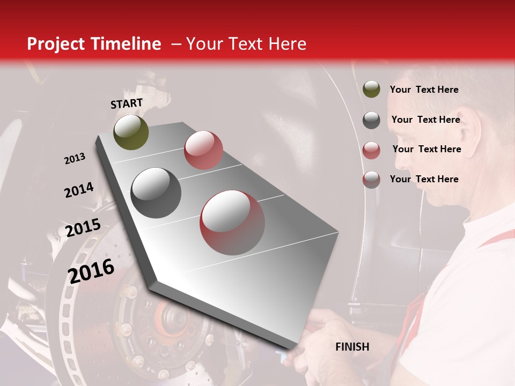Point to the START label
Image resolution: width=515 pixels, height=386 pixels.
click(x=127, y=103)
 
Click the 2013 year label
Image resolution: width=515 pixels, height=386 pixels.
click(x=75, y=159)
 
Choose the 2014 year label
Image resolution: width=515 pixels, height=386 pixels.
click(x=79, y=190)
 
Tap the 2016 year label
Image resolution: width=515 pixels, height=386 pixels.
click(x=91, y=270)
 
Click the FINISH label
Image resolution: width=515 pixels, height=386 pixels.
click(x=352, y=347)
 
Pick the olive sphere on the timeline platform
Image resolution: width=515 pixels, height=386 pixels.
click(x=131, y=132)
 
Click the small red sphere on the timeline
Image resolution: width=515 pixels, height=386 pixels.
click(x=203, y=150)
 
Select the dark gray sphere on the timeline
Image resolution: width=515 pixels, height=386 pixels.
click(x=156, y=193)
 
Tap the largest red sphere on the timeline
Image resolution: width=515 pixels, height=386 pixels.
click(x=232, y=222)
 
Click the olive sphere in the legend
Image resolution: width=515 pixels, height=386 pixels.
click(x=371, y=89)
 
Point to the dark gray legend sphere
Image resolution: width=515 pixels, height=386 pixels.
click(x=371, y=120)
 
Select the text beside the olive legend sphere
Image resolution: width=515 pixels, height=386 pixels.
click(x=424, y=90)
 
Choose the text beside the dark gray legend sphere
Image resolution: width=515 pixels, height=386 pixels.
click(x=425, y=120)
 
